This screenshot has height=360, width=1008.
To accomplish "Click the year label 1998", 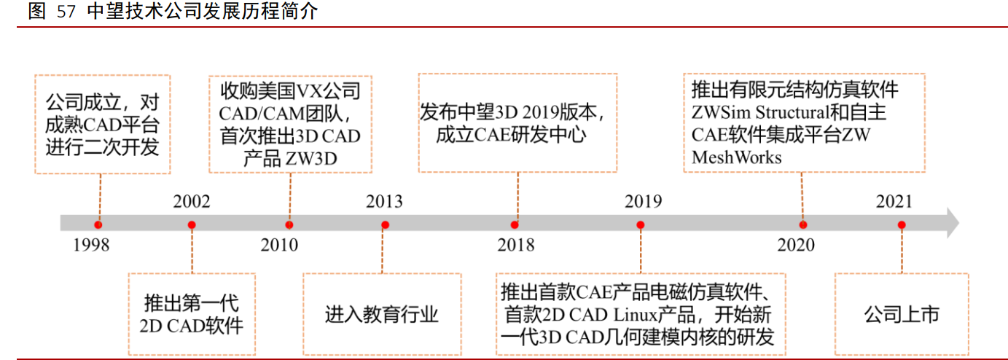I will coord(91,245).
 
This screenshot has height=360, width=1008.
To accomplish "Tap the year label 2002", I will coord(192,202).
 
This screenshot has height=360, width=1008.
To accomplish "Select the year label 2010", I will coord(279,245).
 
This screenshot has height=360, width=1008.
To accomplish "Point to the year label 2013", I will coord(384,202).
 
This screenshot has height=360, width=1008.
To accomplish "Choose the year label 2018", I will coord(516,245).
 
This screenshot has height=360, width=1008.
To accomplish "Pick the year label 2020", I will coord(796,245).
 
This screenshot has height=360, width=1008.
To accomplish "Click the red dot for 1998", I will coord(98,224).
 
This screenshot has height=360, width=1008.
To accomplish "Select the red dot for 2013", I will coord(385,224).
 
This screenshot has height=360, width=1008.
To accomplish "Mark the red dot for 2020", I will coord(803,224).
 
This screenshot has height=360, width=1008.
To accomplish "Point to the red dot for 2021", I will coord(902,224).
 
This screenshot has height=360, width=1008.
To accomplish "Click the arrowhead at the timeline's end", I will coord(952,223).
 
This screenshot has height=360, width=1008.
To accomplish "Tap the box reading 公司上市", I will coord(902,314).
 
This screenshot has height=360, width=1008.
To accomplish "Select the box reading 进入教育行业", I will coord(382,314).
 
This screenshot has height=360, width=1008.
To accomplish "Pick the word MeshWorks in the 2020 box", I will coord(736,157).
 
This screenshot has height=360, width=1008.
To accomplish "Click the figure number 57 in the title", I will coord(65,12).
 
